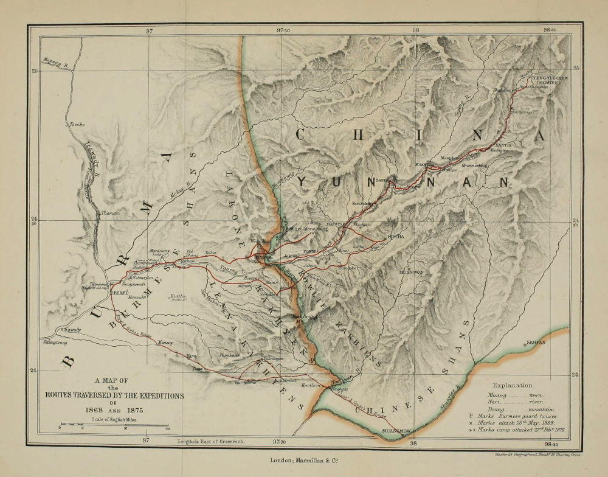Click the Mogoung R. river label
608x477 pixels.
pos(55,60)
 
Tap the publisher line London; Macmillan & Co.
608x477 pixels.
pos(304,461)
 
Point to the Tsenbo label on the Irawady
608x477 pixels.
pos(76,124)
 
